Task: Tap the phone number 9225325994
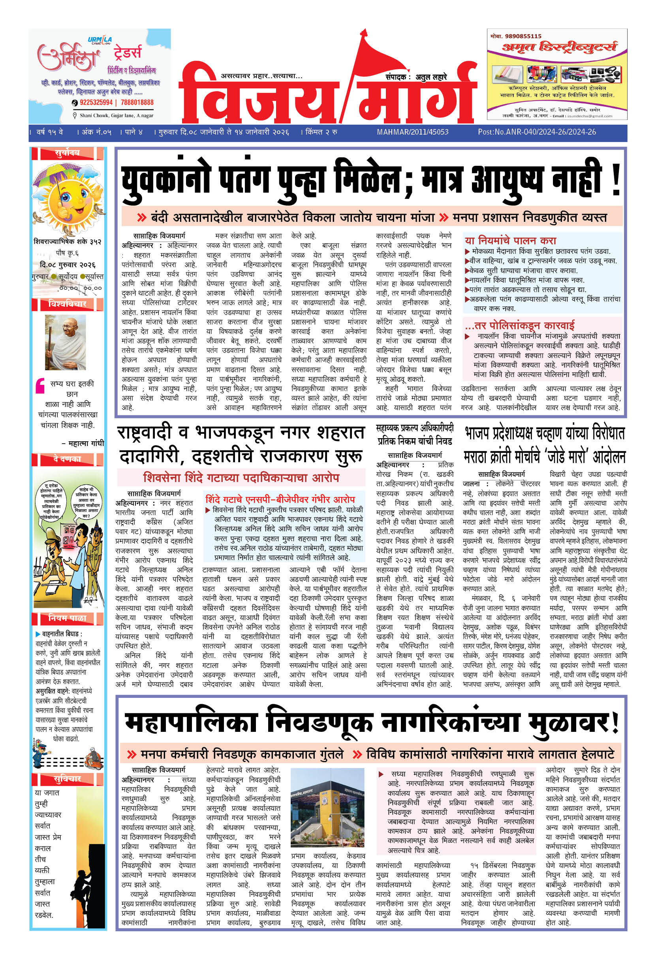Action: [96, 103]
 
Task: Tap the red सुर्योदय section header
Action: [68, 153]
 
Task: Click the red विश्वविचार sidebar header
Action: [68, 304]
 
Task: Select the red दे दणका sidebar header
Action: [68, 459]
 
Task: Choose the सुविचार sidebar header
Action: [68, 779]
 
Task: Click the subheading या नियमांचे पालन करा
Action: [510, 240]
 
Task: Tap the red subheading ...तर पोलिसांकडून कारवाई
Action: [519, 325]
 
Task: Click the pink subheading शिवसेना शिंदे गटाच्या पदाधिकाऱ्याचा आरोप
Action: [241, 478]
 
